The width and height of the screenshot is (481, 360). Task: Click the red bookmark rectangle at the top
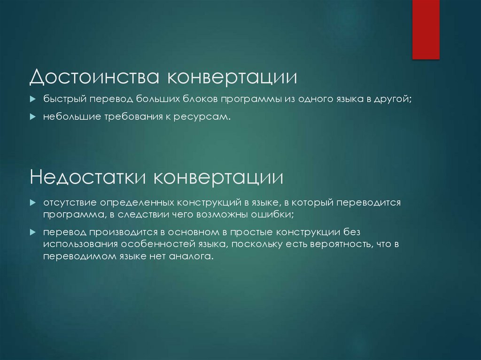click(426, 29)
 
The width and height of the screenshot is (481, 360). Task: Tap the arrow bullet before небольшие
click(32, 117)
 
